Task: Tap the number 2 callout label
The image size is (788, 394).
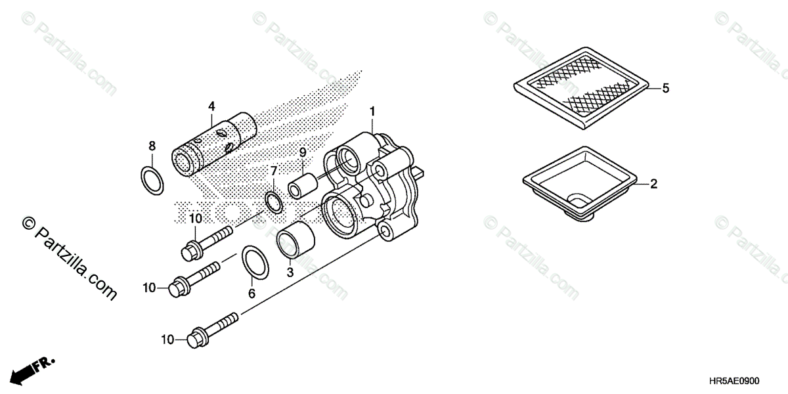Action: point(653,185)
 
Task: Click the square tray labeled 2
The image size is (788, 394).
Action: point(577,180)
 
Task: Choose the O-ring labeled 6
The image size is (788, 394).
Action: point(255,262)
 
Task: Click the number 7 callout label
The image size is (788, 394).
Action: point(274,171)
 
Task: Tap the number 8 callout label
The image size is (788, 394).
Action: point(152,145)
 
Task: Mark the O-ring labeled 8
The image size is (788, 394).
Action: point(152,180)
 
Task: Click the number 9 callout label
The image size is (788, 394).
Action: point(303,152)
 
